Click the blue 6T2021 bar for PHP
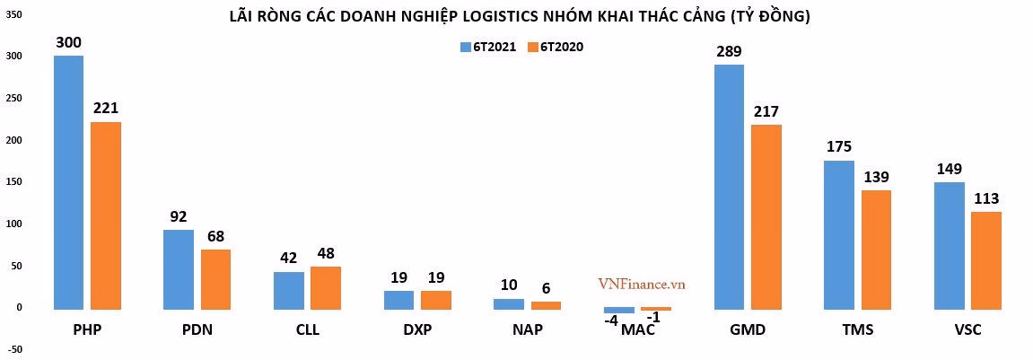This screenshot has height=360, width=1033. (x=68, y=183)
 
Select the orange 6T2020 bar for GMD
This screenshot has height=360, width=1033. (x=766, y=217)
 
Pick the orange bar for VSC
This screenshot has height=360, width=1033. (x=985, y=261)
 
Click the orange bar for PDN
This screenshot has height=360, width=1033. (x=215, y=279)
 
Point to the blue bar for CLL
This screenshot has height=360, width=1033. (x=288, y=291)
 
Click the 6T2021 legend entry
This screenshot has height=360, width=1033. (x=488, y=48)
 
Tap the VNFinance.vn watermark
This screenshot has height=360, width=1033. (x=642, y=284)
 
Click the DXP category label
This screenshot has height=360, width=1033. (x=416, y=330)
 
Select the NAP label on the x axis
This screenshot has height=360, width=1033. (x=527, y=330)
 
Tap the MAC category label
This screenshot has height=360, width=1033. (x=637, y=330)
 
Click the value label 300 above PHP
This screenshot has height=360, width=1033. (x=69, y=41)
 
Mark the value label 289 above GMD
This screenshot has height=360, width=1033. (x=729, y=51)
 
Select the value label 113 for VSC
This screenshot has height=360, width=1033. (x=985, y=198)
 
